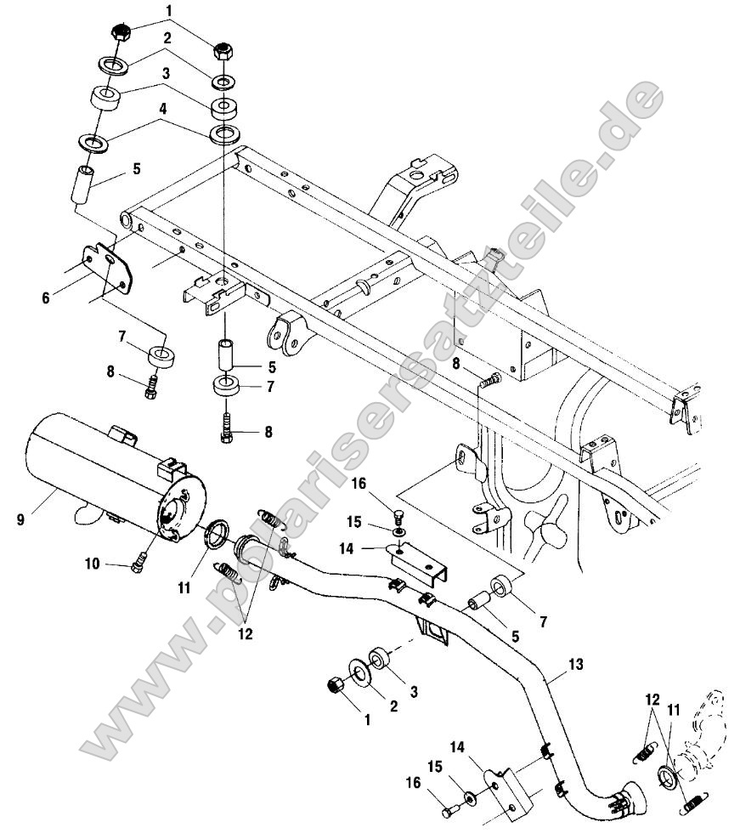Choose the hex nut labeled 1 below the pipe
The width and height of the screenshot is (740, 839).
(335, 685)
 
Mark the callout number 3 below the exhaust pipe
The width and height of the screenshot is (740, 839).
(415, 693)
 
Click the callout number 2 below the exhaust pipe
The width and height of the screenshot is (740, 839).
(392, 706)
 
